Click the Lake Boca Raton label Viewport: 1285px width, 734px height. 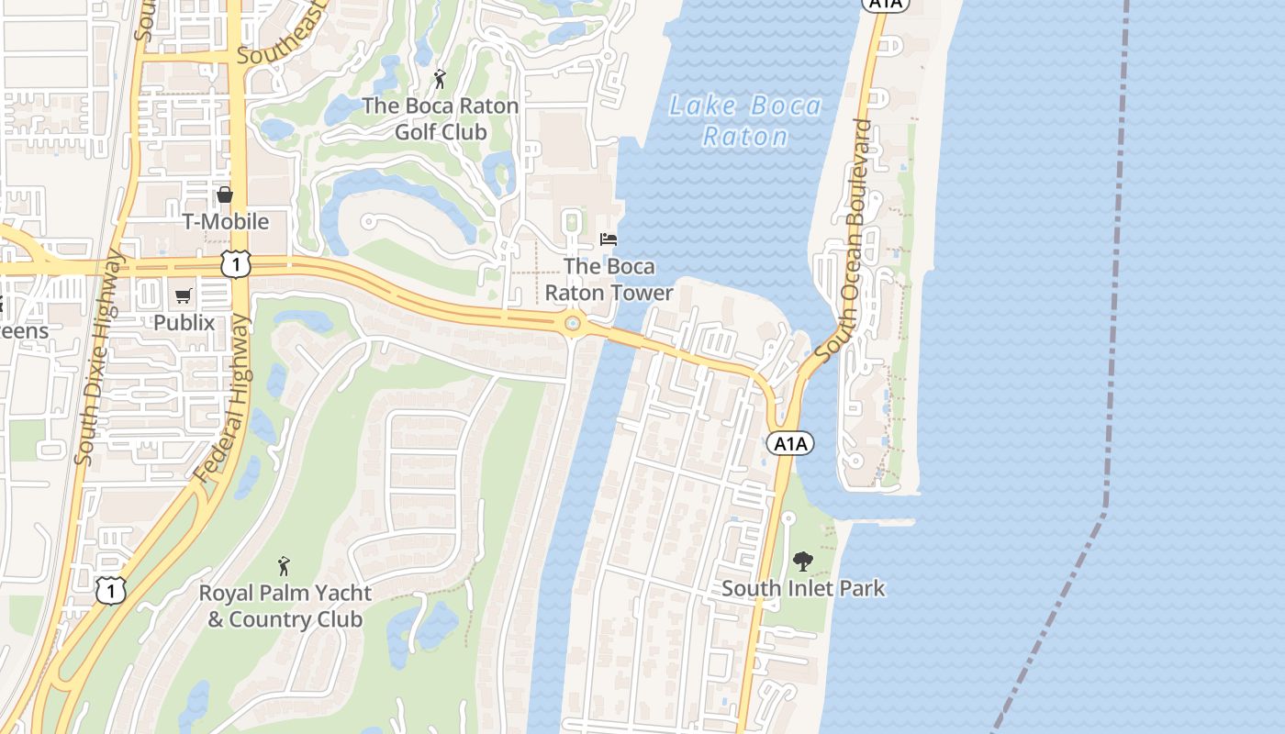(x=744, y=121)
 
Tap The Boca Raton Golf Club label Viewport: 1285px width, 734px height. (x=441, y=118)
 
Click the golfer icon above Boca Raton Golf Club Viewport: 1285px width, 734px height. (x=440, y=80)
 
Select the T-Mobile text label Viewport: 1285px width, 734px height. (x=226, y=222)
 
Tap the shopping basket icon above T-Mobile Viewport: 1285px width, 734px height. (x=225, y=195)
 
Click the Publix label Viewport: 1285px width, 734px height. (x=184, y=323)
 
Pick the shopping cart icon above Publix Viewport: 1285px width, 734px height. (x=184, y=295)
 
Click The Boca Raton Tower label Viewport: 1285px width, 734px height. (x=609, y=280)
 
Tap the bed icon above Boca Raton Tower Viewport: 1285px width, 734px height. (x=609, y=239)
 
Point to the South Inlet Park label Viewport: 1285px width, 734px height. (x=803, y=588)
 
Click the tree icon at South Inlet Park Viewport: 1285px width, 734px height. (x=803, y=561)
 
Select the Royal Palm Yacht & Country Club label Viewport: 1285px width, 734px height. (x=285, y=606)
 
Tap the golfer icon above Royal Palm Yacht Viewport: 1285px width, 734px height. (x=285, y=566)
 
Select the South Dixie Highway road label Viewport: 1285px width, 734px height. (x=98, y=358)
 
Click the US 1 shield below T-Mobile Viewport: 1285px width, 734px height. (x=236, y=264)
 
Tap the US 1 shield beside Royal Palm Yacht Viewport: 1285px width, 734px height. (x=110, y=591)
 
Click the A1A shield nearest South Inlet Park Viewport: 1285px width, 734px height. (x=789, y=444)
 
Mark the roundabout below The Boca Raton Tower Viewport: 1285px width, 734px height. (x=574, y=323)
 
